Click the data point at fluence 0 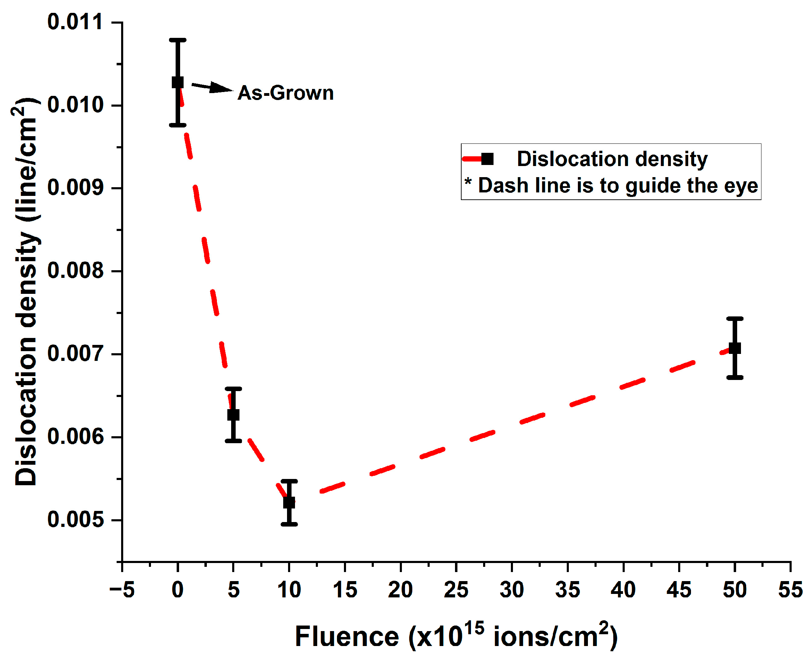[178, 82]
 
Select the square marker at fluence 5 [233, 415]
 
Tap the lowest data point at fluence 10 [289, 503]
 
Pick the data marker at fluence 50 [735, 348]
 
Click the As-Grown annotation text [285, 93]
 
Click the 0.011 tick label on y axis [75, 22]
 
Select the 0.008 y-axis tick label [75, 271]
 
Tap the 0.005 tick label [75, 520]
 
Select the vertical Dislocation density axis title [26, 292]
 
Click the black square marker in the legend [487, 159]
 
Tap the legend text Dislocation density [612, 159]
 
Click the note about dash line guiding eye [612, 186]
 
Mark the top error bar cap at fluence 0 [178, 40]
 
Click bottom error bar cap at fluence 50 [735, 378]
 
